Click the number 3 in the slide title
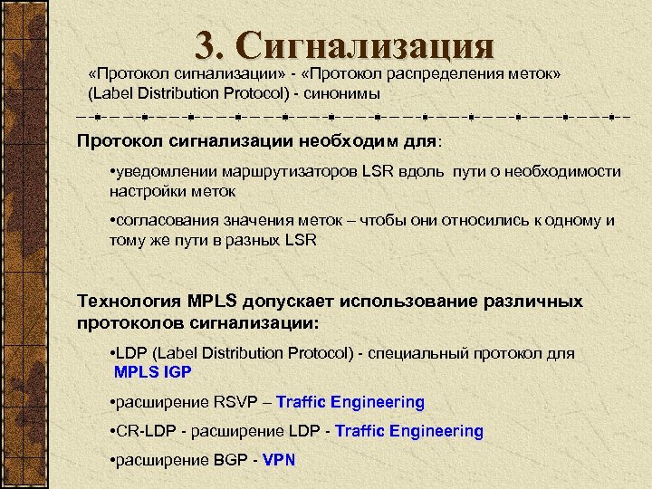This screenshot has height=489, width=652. pyautogui.click(x=206, y=45)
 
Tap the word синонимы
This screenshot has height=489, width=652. pyautogui.click(x=343, y=93)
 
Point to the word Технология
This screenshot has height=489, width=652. pyautogui.click(x=129, y=302)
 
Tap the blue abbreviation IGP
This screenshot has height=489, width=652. pyautogui.click(x=177, y=371)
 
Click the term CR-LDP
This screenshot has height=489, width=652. pyautogui.click(x=144, y=431)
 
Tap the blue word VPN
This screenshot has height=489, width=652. pyautogui.click(x=279, y=460)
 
